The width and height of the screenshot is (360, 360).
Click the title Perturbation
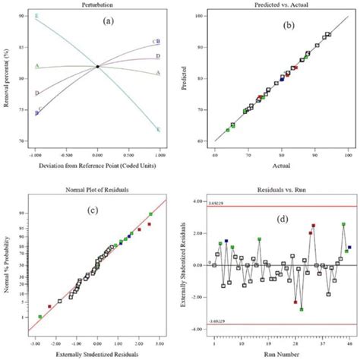pyautogui.click(x=96, y=6)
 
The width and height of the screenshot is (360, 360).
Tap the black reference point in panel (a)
pyautogui.click(x=97, y=67)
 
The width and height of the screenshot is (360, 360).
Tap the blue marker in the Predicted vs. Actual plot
pyautogui.click(x=283, y=77)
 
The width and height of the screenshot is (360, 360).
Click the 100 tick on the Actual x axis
pyautogui.click(x=347, y=150)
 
